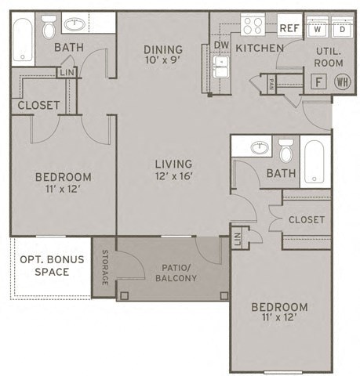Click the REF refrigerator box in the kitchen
(289, 27)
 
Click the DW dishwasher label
(222, 45)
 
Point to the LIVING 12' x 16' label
(173, 169)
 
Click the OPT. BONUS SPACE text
(45, 266)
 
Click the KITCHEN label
(260, 49)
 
